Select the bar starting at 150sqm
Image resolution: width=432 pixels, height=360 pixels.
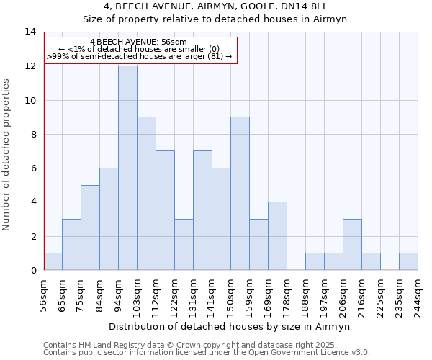(240, 194)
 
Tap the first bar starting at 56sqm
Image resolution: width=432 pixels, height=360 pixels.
(53, 261)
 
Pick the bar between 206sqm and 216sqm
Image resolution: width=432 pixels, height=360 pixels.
(352, 245)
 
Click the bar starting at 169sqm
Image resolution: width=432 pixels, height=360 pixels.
(277, 236)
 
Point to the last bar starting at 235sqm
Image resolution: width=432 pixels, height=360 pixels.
(408, 261)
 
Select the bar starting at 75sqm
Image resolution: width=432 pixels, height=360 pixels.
(90, 228)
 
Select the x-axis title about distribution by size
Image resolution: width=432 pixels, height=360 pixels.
(230, 326)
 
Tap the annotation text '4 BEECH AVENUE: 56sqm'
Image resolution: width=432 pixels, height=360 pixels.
(138, 42)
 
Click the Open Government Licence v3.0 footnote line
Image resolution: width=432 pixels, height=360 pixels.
(207, 352)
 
